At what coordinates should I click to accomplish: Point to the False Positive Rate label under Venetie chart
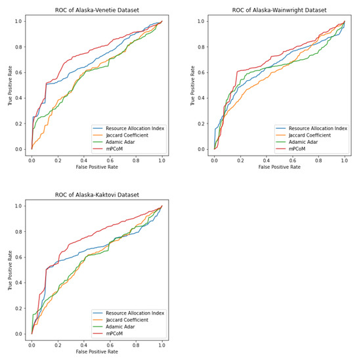click(x=96, y=168)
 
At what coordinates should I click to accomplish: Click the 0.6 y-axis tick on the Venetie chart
click(x=20, y=72)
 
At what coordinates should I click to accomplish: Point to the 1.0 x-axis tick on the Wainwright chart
click(x=343, y=160)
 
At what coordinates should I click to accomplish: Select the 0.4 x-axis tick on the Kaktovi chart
click(x=83, y=345)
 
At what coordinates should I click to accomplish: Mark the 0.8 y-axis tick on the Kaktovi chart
click(x=20, y=231)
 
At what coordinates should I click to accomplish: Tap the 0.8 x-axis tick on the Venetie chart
click(x=136, y=160)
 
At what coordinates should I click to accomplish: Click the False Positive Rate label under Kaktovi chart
click(x=96, y=353)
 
